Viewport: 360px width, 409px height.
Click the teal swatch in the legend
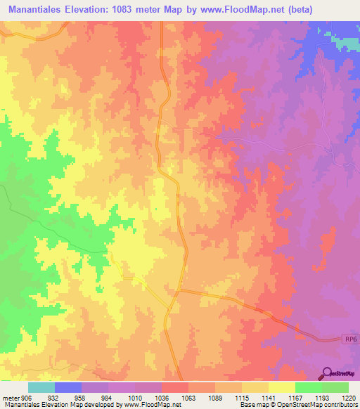41,387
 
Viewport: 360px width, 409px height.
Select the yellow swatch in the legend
281,387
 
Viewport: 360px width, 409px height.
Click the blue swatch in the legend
67,387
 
